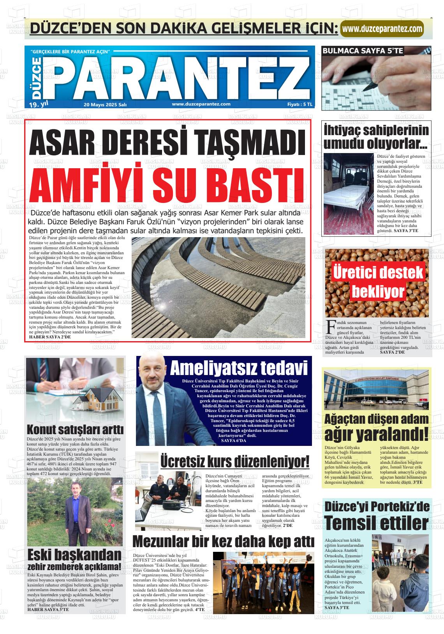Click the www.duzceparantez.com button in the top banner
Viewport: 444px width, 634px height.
pyautogui.click(x=382, y=28)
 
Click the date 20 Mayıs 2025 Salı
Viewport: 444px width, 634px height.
pyautogui.click(x=105, y=104)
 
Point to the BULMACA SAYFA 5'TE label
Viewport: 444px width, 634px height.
pyautogui.click(x=363, y=51)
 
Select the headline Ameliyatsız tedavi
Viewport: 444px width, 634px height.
pyautogui.click(x=238, y=368)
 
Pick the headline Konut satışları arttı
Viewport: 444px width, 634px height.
pyautogui.click(x=75, y=430)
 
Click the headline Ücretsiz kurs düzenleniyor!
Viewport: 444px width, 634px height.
pyautogui.click(x=235, y=462)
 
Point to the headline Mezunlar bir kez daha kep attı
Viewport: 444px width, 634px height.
pyautogui.click(x=223, y=542)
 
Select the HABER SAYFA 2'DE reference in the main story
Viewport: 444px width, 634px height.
pyautogui.click(x=50, y=337)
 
